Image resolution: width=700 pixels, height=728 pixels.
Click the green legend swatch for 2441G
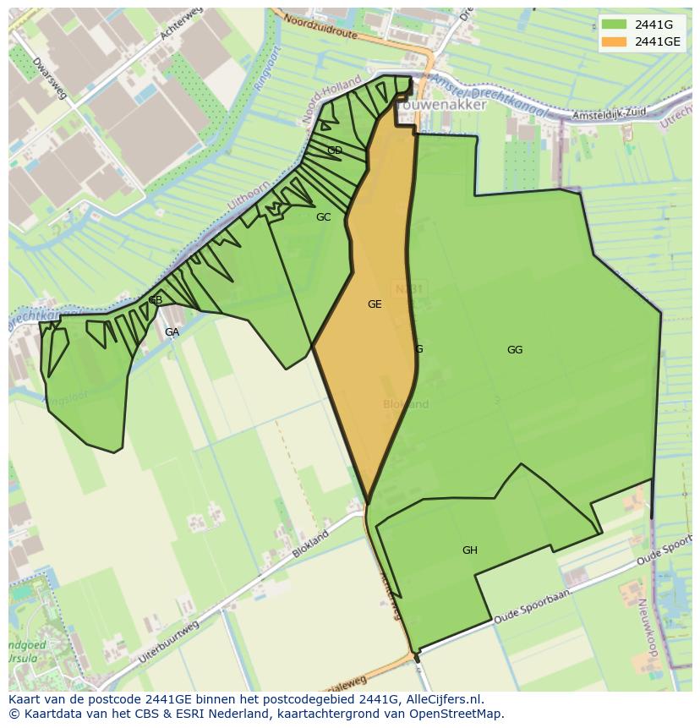(x=615, y=25)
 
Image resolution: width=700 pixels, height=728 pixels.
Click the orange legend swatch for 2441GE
(x=615, y=41)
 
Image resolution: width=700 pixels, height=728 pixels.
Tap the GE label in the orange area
(x=375, y=304)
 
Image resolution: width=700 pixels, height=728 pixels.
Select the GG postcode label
(x=515, y=350)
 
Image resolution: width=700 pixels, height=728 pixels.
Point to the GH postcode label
(x=470, y=550)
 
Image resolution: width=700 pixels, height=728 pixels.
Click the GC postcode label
(x=323, y=217)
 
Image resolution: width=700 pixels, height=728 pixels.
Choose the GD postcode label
(x=335, y=151)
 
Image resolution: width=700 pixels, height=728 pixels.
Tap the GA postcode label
(x=172, y=332)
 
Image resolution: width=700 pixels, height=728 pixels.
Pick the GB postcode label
(x=156, y=300)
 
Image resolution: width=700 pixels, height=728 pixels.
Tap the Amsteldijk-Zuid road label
(x=604, y=114)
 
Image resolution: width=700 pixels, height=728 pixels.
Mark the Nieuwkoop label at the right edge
(x=648, y=621)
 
